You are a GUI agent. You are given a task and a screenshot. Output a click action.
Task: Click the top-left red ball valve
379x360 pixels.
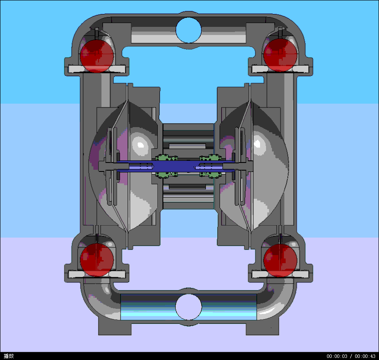(97, 54)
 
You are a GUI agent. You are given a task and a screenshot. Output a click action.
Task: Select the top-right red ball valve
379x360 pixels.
(280, 54)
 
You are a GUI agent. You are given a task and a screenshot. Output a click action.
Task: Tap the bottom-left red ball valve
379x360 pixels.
(97, 259)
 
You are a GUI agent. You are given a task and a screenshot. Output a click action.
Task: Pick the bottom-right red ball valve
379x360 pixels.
(280, 259)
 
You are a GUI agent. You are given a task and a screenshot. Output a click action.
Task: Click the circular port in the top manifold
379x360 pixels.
(188, 30)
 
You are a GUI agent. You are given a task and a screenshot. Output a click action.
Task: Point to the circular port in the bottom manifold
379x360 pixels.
(188, 307)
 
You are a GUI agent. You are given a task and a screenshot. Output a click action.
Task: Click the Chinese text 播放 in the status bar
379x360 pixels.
(9, 356)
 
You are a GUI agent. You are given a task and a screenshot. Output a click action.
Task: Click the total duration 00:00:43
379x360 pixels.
(365, 356)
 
